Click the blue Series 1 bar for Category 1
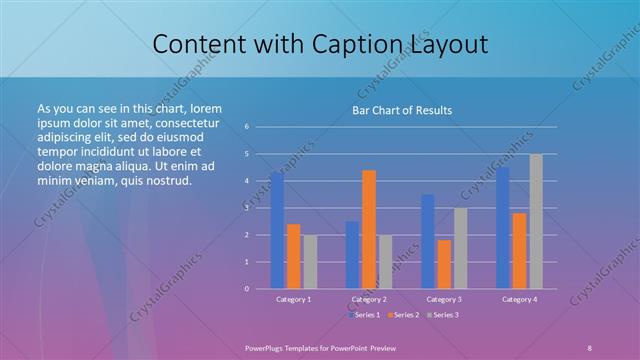(277, 230)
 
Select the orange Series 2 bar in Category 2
(369, 229)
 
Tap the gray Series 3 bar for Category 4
(536, 221)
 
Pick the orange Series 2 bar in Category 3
(444, 264)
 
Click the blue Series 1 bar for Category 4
(503, 228)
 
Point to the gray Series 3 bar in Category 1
(310, 261)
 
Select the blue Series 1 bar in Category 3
(428, 241)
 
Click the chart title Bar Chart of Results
(402, 110)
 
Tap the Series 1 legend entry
(364, 315)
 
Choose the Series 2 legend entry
(404, 315)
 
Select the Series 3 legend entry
(443, 315)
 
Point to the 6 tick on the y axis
(246, 127)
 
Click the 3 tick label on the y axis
(246, 208)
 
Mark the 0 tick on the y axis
(246, 289)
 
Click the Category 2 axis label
(369, 299)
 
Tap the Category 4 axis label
(519, 299)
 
